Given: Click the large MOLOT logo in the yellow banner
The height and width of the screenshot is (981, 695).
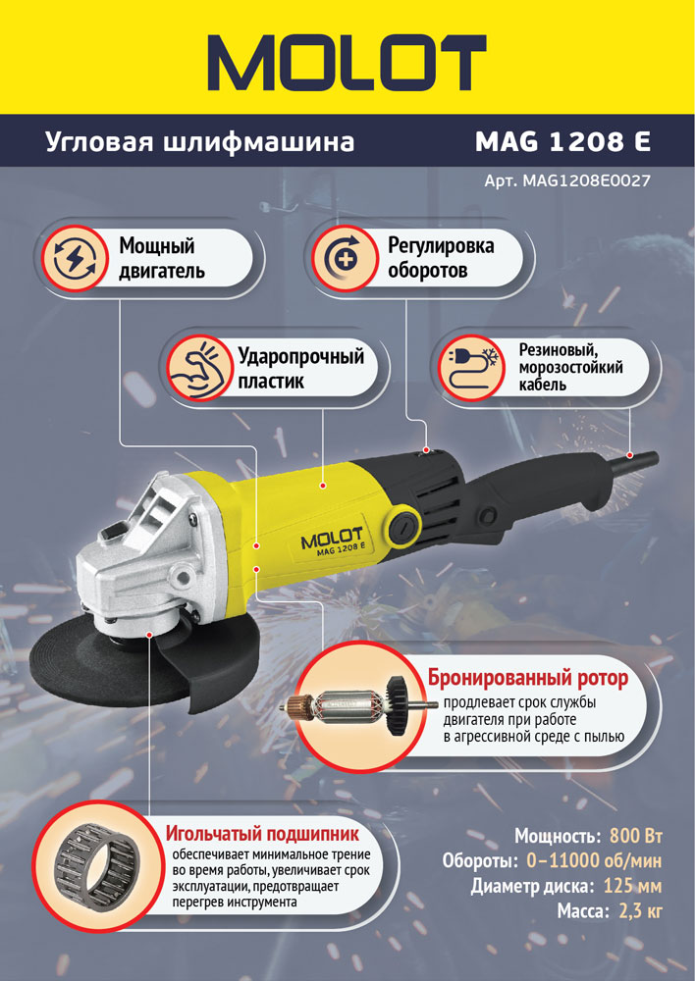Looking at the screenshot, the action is click(x=347, y=63).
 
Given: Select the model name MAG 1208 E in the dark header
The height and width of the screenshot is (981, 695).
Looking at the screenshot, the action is click(x=562, y=141).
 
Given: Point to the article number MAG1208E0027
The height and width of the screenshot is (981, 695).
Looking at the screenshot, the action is click(x=587, y=181).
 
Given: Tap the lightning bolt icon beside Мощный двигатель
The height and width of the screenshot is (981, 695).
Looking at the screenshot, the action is click(x=75, y=258).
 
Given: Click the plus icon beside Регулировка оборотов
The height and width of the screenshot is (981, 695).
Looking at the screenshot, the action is click(x=344, y=258).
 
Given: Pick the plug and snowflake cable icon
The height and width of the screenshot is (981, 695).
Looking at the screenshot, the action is click(x=472, y=367).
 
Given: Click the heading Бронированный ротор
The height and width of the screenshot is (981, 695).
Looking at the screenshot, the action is click(x=528, y=678).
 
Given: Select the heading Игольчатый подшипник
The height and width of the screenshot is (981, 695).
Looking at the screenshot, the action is click(x=262, y=833).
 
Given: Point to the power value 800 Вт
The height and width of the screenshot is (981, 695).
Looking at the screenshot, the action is click(x=635, y=836).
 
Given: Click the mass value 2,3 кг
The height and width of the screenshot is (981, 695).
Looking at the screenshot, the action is click(x=640, y=911).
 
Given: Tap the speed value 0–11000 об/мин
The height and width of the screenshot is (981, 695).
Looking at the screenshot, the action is click(x=594, y=861).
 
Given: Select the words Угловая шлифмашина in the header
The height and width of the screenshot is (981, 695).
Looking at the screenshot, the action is click(x=199, y=142).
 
